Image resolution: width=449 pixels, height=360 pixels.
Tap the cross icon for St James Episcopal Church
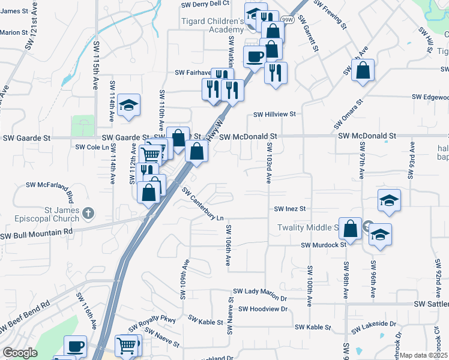88,212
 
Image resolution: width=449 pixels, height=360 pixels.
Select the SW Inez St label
291,209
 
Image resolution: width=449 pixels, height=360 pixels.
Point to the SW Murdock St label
324,245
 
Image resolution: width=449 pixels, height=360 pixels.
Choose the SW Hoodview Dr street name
263,309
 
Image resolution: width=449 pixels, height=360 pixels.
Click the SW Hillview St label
274,114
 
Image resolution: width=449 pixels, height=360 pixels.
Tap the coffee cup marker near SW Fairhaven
255,56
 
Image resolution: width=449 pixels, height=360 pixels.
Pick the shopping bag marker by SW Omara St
364,70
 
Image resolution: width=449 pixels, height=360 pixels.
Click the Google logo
20,353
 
